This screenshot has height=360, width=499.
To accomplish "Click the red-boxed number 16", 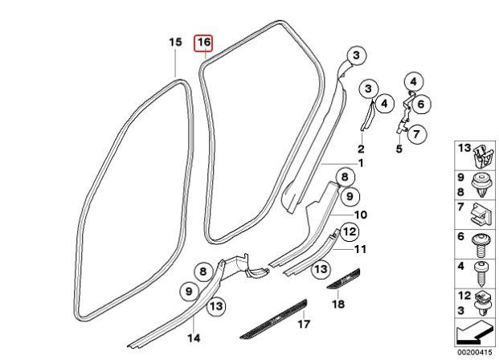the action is point(204,43).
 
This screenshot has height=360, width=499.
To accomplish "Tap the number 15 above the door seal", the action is point(175,42).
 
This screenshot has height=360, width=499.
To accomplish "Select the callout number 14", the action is point(194,337).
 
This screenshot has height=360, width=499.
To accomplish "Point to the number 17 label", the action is point(303,324).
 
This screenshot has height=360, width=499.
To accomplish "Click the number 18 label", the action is point(338,304).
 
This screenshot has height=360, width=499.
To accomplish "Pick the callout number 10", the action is point(360,215).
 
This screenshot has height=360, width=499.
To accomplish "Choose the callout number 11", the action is point(360,249).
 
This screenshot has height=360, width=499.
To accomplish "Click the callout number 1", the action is point(361,163).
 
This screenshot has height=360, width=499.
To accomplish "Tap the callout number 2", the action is point(361,149).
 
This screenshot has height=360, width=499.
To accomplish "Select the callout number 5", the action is point(399,149).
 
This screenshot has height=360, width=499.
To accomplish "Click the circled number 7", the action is point(416,134).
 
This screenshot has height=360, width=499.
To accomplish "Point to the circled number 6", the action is point(421,104).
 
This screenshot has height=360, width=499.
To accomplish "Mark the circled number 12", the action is point(350,231).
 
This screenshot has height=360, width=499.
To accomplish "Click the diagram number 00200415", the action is point(475,352).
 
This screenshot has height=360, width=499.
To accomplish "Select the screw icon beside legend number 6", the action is point(481,245).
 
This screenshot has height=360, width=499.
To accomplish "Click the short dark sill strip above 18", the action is point(344,279).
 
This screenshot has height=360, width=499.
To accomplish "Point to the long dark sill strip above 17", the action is point(274,319).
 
